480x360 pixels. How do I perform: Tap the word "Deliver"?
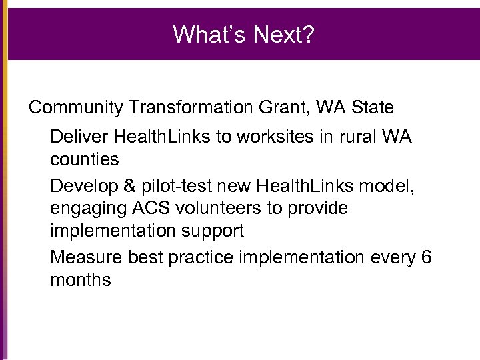79,137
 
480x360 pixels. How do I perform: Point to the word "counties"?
85,160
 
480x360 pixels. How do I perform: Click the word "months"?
81,280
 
